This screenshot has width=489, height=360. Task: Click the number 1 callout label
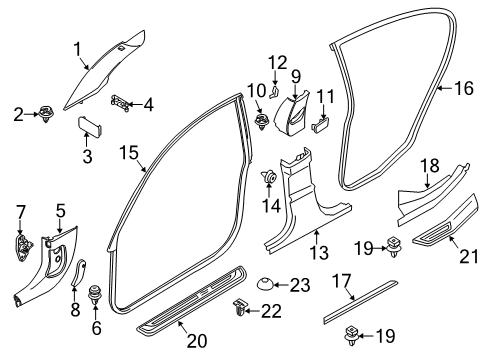(x=77, y=49)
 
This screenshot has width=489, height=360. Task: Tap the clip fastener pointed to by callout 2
(x=46, y=114)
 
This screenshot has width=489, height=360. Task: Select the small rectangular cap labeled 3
(x=90, y=126)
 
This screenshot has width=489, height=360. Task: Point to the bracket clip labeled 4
(x=120, y=103)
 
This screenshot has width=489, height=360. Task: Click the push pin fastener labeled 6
(x=95, y=294)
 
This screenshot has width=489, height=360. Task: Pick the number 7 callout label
(x=20, y=212)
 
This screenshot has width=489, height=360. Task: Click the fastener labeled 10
(x=262, y=122)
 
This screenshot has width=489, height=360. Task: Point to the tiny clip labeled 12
(x=273, y=92)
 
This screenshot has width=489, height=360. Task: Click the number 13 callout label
(x=319, y=252)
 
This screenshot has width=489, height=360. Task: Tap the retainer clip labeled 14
(x=269, y=177)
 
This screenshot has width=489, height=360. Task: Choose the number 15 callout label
(x=129, y=153)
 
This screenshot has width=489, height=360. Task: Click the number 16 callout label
(x=464, y=88)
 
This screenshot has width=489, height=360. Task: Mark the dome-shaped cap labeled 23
(x=265, y=283)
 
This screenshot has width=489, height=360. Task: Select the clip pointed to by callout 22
(x=239, y=307)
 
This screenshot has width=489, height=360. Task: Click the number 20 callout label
(x=197, y=340)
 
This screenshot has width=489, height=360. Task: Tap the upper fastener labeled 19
(x=394, y=247)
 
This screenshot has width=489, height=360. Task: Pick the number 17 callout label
(x=342, y=281)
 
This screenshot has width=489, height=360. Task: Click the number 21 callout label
(x=469, y=257)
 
